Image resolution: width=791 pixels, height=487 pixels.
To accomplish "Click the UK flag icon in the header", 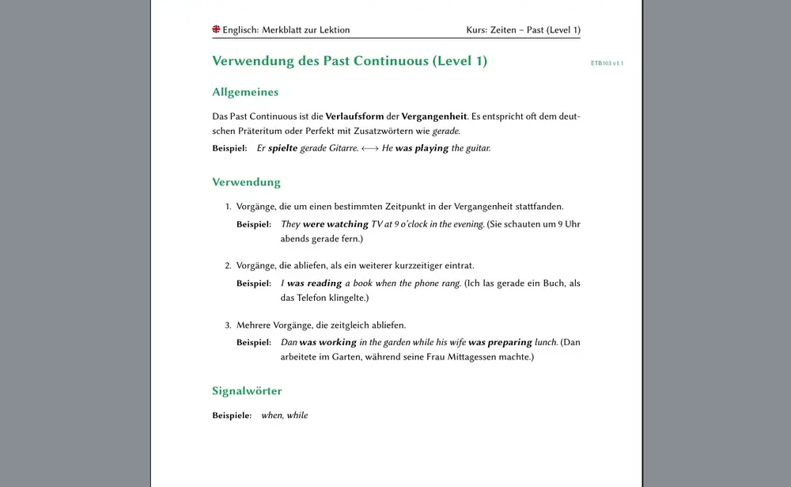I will point(216,29).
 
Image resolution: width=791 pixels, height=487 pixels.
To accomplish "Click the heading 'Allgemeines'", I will point(245,92).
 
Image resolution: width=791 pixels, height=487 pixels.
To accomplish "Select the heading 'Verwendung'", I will point(246,182).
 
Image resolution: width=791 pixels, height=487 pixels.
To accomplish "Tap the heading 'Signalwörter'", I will point(247,390).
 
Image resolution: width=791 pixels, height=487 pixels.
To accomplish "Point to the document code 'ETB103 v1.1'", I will point(607,63).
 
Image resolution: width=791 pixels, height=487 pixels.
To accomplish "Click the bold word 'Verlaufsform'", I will point(354,116).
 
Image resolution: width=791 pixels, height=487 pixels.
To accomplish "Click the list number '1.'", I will point(228,207).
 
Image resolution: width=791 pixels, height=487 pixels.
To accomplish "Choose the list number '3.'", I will point(228,325).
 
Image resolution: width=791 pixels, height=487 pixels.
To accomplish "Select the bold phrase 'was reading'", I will point(314,283).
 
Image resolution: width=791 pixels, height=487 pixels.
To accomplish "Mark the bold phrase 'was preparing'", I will point(500,342).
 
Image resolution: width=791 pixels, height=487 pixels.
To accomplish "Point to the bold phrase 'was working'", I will point(327,342).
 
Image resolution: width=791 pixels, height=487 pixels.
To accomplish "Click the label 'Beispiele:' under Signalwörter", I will point(232,415).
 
